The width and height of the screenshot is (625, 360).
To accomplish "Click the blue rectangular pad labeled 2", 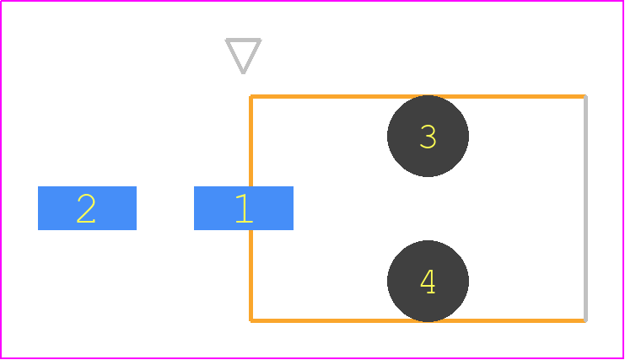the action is point(87,208).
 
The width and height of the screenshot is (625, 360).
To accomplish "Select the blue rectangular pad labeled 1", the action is point(244,208).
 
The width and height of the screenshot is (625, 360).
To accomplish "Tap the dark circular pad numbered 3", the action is point(428,136).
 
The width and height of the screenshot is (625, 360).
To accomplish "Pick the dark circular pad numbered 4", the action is point(428,281).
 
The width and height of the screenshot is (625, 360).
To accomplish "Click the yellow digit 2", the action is point(86,208).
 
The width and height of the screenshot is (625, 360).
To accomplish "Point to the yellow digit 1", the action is point(244,208).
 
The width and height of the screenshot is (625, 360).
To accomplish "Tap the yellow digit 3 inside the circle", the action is point(428,137).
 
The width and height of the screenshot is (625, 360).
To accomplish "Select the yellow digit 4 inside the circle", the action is point(428,282).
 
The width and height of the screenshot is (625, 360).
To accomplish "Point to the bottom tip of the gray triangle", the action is point(243,73).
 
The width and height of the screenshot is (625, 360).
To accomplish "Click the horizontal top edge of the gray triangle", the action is point(243,40).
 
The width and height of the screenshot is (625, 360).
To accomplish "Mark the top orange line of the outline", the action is point(418,96).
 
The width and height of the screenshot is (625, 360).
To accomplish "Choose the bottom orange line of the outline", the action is point(418,320).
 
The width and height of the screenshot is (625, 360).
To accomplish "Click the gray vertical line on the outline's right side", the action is point(585,208).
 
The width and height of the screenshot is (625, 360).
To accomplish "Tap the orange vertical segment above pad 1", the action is point(251,141).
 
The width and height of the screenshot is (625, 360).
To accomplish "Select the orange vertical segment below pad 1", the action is point(251,276).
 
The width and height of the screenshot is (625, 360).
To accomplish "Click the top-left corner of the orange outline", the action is point(251,96).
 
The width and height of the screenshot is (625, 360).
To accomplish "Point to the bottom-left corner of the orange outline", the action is point(251,320).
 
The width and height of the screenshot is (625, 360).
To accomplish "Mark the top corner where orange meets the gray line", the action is point(585,96).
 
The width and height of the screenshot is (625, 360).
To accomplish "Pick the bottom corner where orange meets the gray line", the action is point(585,320).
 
